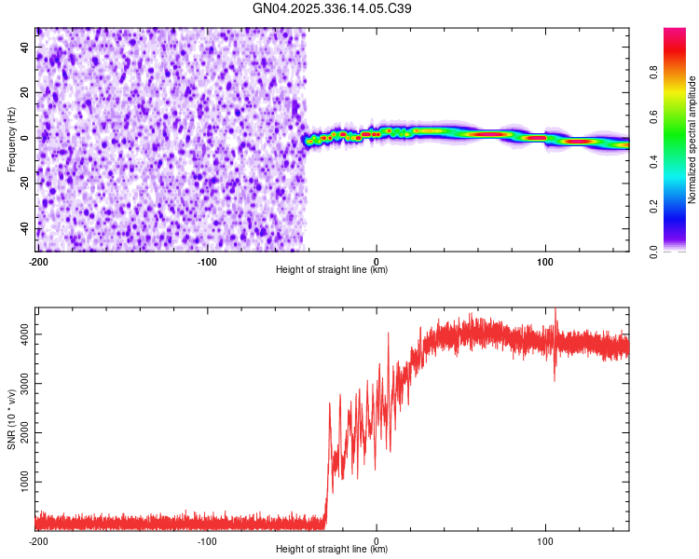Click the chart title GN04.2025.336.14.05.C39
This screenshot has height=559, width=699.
333,8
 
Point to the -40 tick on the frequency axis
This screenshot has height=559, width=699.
25,229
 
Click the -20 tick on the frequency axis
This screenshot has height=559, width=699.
25,184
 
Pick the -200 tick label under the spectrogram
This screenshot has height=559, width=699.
38,262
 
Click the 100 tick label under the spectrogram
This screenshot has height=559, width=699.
545,262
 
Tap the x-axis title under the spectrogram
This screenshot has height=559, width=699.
332,270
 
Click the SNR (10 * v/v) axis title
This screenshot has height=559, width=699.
11,419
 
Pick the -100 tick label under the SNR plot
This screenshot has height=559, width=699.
207,541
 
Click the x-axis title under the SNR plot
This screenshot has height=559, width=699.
332,550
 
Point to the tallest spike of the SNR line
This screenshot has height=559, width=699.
555,310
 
